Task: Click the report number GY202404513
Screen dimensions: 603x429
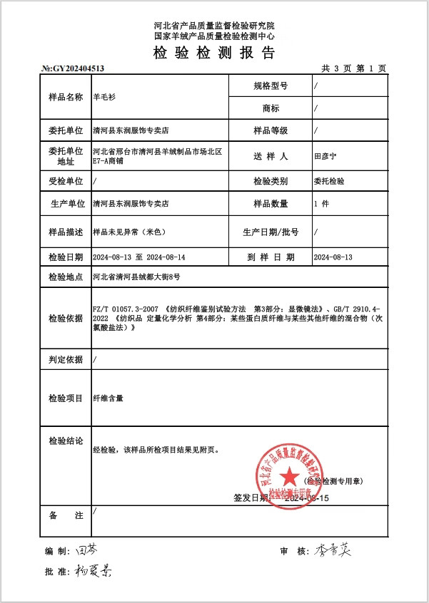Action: [x=74, y=68]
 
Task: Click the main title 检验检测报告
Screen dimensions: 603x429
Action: [x=214, y=53]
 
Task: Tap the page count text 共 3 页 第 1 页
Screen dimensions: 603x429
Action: [x=353, y=68]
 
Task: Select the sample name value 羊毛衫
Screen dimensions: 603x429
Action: [x=104, y=97]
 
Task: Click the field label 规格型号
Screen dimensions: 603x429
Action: [x=271, y=86]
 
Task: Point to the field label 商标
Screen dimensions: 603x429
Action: [x=271, y=108]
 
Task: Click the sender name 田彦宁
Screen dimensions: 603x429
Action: [x=326, y=155]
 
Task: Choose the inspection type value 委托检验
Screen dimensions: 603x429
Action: [x=329, y=181]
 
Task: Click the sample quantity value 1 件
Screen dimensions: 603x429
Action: [x=321, y=204]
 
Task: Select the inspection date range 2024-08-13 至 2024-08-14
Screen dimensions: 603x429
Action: [x=139, y=257]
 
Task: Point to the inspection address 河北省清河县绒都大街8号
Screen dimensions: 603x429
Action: [x=136, y=277]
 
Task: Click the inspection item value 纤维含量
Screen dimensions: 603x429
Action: [x=108, y=398]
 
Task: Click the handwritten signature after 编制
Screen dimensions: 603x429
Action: [x=84, y=550]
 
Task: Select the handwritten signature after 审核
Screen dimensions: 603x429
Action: [x=335, y=551]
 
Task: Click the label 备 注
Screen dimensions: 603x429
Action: [x=66, y=515]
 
